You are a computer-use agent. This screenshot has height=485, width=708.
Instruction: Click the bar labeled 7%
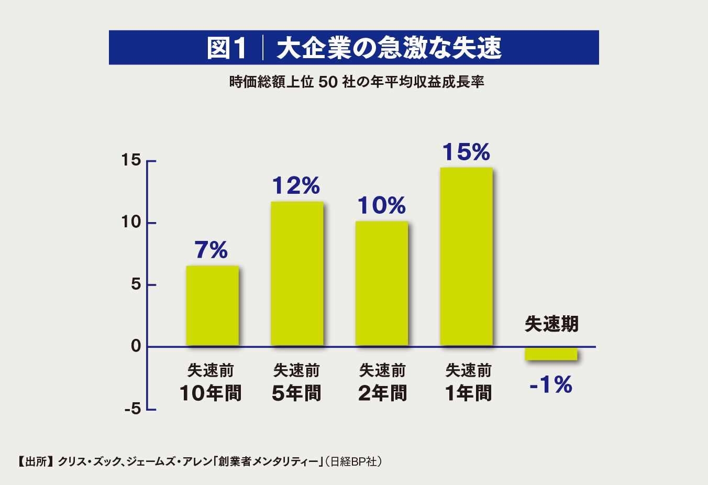pyautogui.click(x=212, y=306)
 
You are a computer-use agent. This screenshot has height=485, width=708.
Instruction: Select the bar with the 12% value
pyautogui.click(x=297, y=274)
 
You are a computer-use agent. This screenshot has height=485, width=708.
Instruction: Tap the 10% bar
pyautogui.click(x=382, y=283)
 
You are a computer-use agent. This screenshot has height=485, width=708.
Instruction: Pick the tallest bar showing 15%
pyautogui.click(x=466, y=257)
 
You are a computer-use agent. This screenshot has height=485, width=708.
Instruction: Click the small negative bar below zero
pyautogui.click(x=551, y=354)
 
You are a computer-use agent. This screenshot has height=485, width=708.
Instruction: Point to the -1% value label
pyautogui.click(x=551, y=385)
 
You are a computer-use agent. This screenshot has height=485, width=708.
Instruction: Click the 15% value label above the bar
pyautogui.click(x=466, y=152)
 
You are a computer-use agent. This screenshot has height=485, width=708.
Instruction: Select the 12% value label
pyautogui.click(x=296, y=186)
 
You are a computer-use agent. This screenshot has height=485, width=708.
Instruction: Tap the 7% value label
pyautogui.click(x=211, y=250)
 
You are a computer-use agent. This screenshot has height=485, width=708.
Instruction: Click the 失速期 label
pyautogui.click(x=551, y=324)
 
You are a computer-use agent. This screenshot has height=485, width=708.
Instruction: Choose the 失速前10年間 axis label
pyautogui.click(x=211, y=382)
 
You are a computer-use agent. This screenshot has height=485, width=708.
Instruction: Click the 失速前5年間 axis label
pyautogui.click(x=296, y=382)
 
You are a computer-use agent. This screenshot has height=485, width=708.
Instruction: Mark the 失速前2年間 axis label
pyautogui.click(x=382, y=382)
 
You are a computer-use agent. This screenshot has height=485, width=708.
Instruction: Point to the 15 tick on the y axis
pyautogui.click(x=131, y=160)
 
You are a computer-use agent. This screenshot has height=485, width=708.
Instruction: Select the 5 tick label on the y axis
pyautogui.click(x=136, y=284)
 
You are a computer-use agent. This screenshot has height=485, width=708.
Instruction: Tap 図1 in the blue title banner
pyautogui.click(x=227, y=48)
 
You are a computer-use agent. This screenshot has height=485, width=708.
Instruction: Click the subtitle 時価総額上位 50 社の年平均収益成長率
pyautogui.click(x=357, y=82)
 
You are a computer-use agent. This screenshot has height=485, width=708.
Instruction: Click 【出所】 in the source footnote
pyautogui.click(x=35, y=461)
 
